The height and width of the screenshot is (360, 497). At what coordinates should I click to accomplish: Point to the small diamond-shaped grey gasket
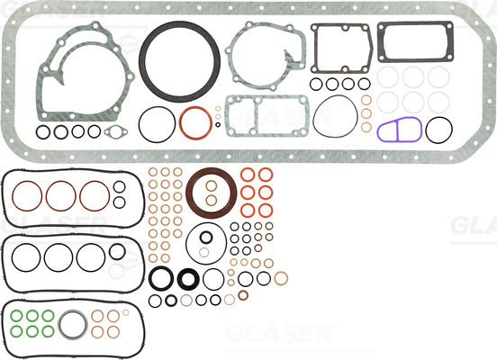click(116, 133)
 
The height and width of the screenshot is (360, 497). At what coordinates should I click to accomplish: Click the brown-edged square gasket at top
click(340, 48)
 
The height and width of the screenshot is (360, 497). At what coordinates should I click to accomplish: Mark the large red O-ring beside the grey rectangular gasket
click(195, 122)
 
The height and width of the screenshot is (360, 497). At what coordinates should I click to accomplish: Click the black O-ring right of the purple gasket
click(438, 130)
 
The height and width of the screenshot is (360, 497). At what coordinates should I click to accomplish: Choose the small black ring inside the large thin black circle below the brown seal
click(206, 238)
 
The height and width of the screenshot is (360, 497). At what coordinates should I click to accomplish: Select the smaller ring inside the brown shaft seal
click(212, 199)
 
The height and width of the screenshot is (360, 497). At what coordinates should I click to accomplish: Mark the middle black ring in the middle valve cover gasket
click(59, 256)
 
